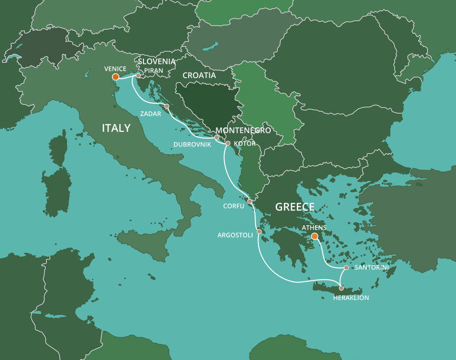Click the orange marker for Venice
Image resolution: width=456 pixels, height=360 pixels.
pyautogui.click(x=115, y=77)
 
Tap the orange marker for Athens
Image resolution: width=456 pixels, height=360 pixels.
pyautogui.click(x=314, y=236)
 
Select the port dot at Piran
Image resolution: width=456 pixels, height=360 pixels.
pyautogui.click(x=138, y=76)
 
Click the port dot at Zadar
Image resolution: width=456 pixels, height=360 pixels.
pyautogui.click(x=167, y=106)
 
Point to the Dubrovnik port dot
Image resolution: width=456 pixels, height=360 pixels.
pyautogui.click(x=217, y=137)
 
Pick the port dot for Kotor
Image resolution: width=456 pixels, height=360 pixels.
pyautogui.click(x=228, y=144)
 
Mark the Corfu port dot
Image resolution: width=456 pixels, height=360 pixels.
pyautogui.click(x=250, y=201)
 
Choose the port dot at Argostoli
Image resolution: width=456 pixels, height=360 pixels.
pyautogui.click(x=259, y=231)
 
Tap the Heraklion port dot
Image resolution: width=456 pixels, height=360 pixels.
pyautogui.click(x=342, y=288)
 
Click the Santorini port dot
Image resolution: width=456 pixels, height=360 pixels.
pyautogui.click(x=346, y=268)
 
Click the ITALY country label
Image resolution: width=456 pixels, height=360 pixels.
pyautogui.click(x=116, y=128)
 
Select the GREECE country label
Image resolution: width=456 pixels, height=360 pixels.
pyautogui.click(x=294, y=207)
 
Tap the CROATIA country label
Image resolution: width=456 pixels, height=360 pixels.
pyautogui.click(x=199, y=76)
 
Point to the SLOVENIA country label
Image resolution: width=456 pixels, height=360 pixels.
pyautogui.click(x=157, y=61)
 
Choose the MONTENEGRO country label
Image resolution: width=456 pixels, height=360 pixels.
pyautogui.click(x=243, y=130)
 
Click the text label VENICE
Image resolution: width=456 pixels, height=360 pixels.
pyautogui.click(x=115, y=68)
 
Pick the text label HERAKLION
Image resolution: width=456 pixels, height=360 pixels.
pyautogui.click(x=351, y=298)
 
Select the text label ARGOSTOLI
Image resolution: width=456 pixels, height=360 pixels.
pyautogui.click(x=235, y=235)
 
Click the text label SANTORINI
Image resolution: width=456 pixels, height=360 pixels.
pyautogui.click(x=371, y=267)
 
